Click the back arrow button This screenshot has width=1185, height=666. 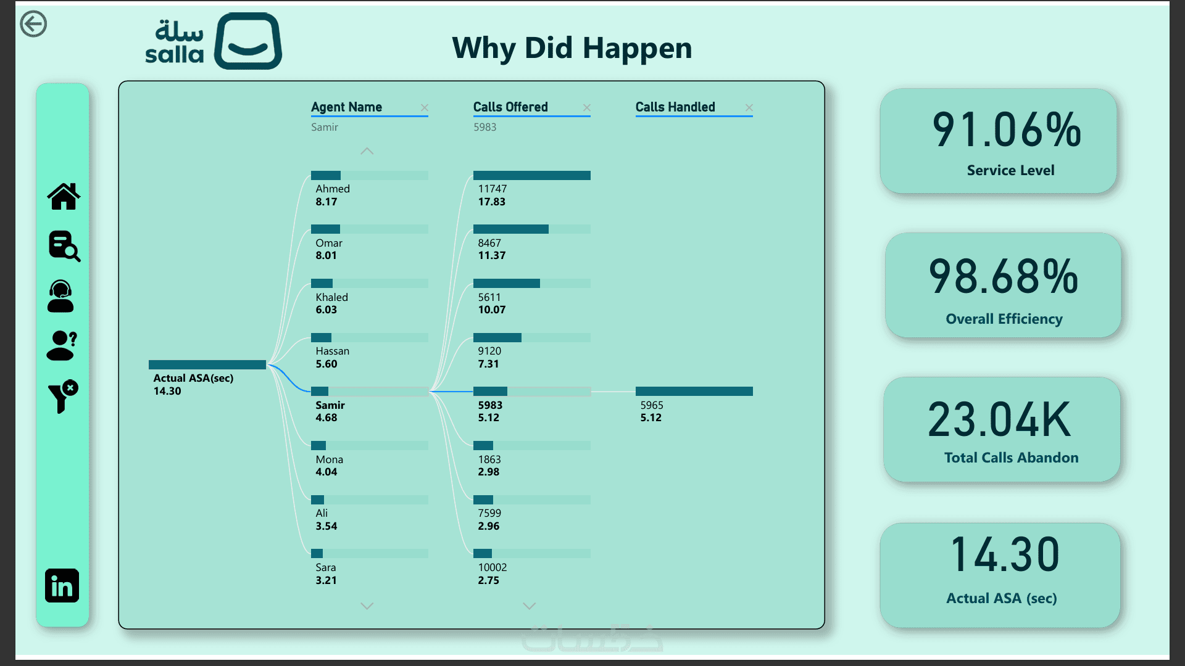(33, 24)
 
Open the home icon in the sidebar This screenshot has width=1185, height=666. (64, 197)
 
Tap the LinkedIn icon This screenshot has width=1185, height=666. (62, 585)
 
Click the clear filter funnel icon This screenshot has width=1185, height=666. (63, 396)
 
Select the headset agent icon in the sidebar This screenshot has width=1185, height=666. (60, 296)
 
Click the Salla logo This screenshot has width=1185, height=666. (214, 41)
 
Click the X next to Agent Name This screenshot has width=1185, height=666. (425, 107)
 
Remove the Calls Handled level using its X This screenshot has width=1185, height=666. (749, 107)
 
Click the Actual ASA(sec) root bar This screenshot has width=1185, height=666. (207, 364)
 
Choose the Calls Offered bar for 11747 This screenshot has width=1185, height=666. (532, 175)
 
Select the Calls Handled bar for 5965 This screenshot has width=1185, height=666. (694, 391)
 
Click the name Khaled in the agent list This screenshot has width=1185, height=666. (332, 297)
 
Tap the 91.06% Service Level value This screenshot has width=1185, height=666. (1007, 130)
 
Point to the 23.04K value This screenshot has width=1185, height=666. (999, 419)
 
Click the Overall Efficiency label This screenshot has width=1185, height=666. (1004, 319)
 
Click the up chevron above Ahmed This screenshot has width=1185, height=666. (367, 151)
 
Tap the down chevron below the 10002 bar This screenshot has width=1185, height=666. (530, 606)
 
